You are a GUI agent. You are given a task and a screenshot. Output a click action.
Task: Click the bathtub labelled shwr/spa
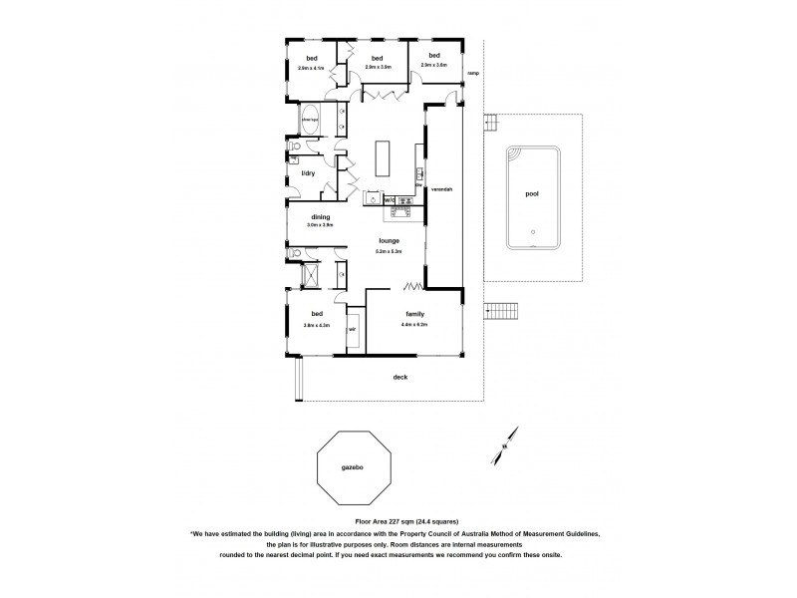click(311, 121)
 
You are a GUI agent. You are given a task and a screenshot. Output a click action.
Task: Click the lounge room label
click(389, 241)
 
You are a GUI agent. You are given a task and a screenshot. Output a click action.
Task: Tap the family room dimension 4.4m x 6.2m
click(415, 325)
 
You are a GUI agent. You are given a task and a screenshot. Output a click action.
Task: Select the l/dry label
click(308, 173)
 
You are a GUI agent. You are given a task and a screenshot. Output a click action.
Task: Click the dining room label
click(320, 216)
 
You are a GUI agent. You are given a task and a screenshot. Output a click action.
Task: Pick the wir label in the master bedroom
click(353, 327)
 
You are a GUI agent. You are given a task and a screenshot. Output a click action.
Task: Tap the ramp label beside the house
click(474, 73)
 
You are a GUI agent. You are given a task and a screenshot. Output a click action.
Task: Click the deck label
click(401, 377)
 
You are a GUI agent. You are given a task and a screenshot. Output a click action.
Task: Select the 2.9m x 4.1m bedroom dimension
click(312, 68)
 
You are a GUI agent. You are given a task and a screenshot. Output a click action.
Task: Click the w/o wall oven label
click(389, 199)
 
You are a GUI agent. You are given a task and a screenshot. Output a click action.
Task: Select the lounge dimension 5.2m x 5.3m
click(389, 252)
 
